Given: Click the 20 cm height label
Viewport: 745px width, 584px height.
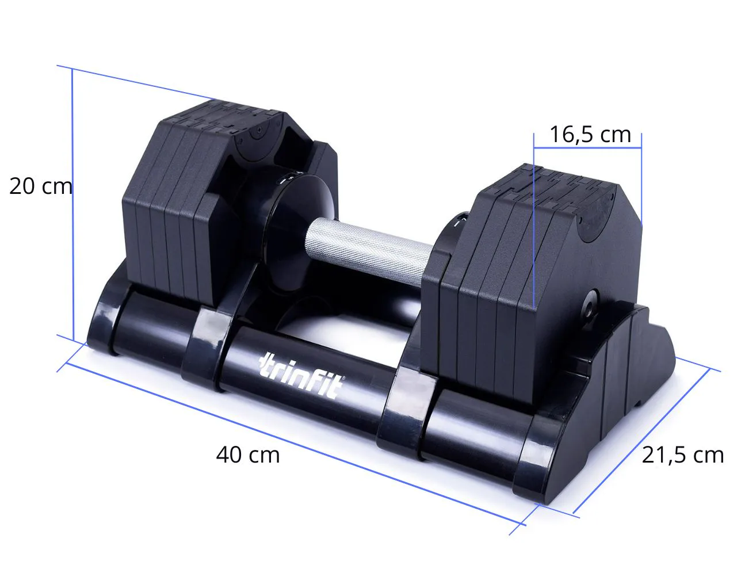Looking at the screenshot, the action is tap(41, 186).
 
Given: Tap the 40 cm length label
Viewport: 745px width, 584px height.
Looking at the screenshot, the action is tap(248, 455).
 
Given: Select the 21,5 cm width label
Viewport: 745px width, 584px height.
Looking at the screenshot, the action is tap(683, 456).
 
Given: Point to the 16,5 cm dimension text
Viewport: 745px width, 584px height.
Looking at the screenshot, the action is tap(590, 135).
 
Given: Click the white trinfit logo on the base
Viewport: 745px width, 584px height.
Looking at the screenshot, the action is tap(301, 376).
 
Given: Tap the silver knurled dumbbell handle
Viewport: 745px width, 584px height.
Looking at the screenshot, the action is tap(369, 252).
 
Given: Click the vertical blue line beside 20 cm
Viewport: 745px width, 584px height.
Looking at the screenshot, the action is tap(72, 204).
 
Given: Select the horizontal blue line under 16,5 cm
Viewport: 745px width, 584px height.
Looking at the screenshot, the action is tap(587, 148).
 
